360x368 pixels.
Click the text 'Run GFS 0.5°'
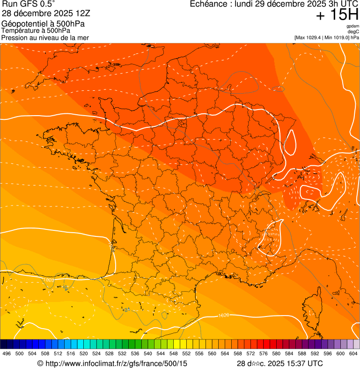pyautogui.click(x=29, y=5)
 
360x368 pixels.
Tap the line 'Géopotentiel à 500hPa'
pyautogui.click(x=44, y=24)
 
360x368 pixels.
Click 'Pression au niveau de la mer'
pyautogui.click(x=45, y=37)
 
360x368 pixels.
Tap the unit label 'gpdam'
pyautogui.click(x=353, y=26)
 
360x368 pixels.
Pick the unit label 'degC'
pyautogui.click(x=353, y=31)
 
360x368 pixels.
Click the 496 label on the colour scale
pyautogui.click(x=7, y=353)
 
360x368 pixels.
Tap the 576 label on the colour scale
pyautogui.click(x=263, y=353)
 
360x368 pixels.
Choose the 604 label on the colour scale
pyautogui.click(x=353, y=353)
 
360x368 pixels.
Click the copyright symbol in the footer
pyautogui.click(x=40, y=363)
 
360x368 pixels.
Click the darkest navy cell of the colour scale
pyautogui.click(x=3, y=344)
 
